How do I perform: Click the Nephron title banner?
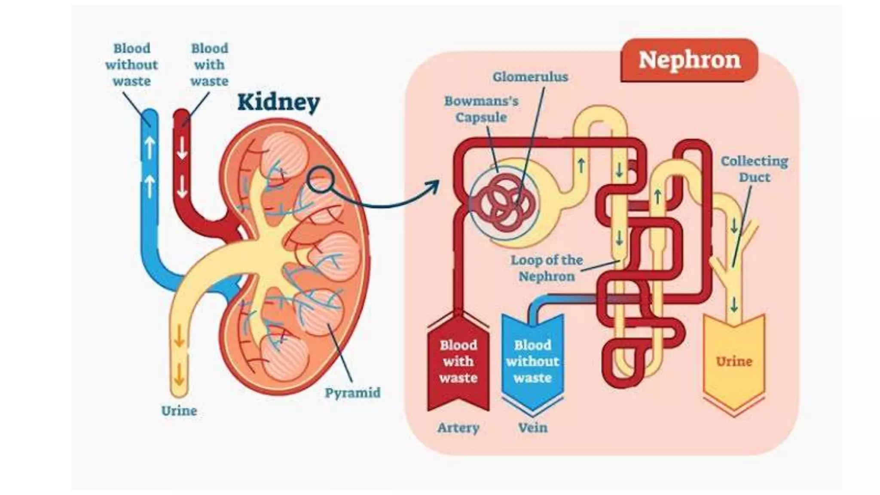tap(689, 60)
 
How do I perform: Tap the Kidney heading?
tap(278, 102)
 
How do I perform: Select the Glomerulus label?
tap(530, 77)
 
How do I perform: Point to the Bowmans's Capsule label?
tap(481, 109)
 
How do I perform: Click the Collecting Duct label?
tap(754, 169)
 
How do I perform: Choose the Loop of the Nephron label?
tap(546, 268)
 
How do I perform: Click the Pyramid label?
tap(352, 393)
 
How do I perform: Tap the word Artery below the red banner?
tap(458, 428)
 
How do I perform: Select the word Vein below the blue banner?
tap(532, 428)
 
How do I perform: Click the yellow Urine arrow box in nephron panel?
tap(734, 361)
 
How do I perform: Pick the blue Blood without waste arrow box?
tap(532, 361)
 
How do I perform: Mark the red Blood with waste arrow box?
tap(458, 361)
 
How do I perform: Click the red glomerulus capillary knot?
tap(507, 202)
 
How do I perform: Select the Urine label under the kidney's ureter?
tap(179, 411)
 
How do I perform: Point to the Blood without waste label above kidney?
tap(131, 64)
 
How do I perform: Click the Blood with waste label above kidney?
tap(209, 64)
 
